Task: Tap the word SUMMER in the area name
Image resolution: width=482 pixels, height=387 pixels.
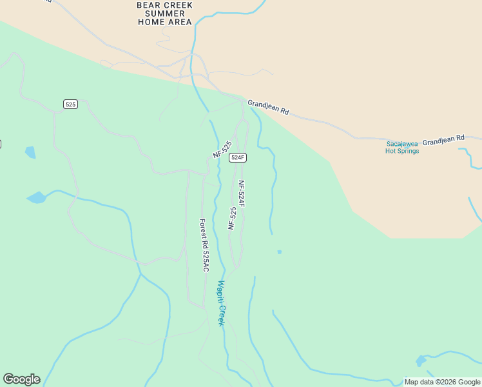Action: coord(164,13)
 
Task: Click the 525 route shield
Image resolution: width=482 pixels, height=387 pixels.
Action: coord(71,104)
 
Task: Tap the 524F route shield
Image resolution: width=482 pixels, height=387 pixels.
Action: coord(238,157)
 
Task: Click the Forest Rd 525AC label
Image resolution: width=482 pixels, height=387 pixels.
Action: coord(204,245)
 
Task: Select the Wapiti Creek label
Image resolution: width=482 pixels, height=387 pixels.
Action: coord(221,303)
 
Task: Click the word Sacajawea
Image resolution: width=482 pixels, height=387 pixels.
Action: coord(403,143)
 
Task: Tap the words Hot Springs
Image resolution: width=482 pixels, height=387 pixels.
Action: coord(402,151)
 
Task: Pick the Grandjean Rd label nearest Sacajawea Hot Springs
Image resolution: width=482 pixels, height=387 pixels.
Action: coord(443,138)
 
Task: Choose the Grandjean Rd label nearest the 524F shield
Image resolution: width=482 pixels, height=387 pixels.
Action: coord(268,107)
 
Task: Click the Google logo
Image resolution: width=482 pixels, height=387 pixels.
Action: coord(21,379)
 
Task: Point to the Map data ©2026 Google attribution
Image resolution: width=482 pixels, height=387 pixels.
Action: coord(441,382)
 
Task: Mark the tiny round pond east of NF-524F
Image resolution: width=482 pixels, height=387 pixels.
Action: coord(279,252)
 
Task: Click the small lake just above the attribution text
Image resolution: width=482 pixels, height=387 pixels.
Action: coord(421,360)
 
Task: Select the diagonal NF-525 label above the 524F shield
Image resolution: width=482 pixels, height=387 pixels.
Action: coord(222,149)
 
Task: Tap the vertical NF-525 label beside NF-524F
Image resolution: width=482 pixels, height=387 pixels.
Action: coord(232,218)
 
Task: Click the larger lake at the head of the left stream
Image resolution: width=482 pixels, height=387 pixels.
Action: coord(37,197)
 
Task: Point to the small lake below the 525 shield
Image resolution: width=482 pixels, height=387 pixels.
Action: coord(30,152)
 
